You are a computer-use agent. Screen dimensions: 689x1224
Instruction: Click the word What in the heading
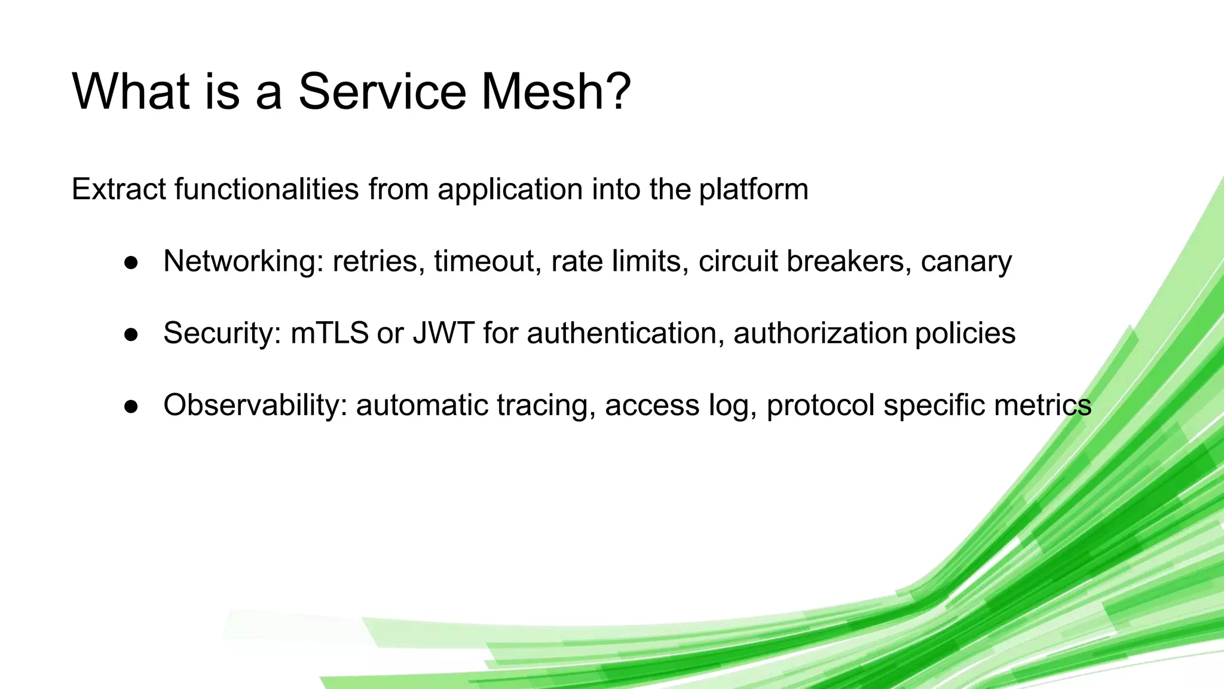[130, 91]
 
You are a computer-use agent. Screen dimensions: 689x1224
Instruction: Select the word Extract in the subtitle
[118, 190]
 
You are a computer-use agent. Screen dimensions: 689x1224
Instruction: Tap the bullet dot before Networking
[131, 263]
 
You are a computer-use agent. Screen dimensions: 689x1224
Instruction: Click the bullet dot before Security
[131, 334]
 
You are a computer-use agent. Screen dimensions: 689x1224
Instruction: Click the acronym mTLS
[329, 333]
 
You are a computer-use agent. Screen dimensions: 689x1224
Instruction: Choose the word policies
[965, 334]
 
